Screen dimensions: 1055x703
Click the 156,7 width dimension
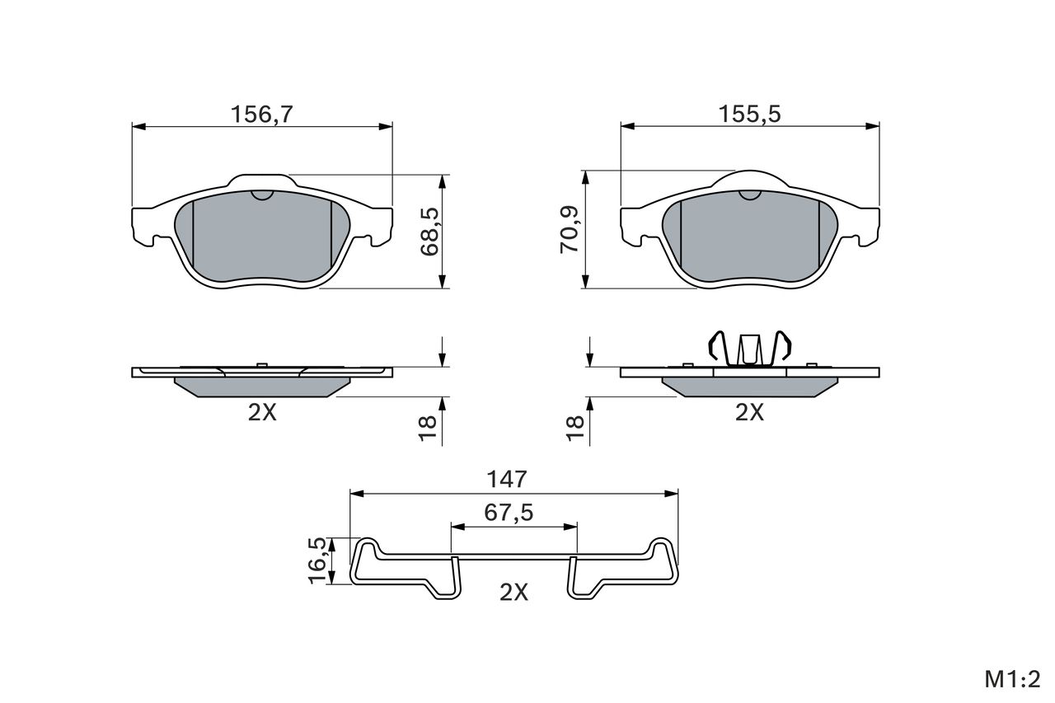(262, 115)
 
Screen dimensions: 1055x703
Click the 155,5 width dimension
(750, 115)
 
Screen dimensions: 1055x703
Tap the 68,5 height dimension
(429, 232)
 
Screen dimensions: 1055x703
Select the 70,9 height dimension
(570, 229)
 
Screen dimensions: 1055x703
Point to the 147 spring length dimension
(507, 480)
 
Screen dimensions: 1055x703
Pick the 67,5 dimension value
(509, 513)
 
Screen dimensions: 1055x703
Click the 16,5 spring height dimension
(317, 560)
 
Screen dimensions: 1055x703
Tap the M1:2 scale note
(1012, 679)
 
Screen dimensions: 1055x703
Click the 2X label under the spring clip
(513, 593)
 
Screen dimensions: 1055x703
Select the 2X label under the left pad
(262, 413)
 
